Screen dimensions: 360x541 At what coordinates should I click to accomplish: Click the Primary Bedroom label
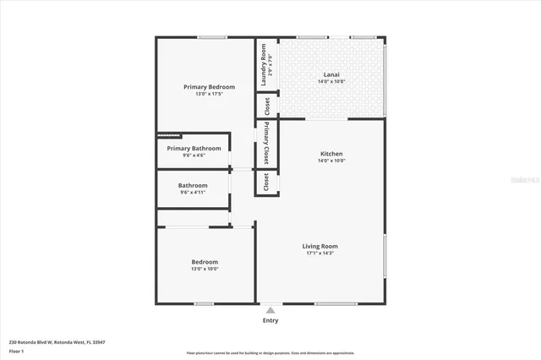(209, 87)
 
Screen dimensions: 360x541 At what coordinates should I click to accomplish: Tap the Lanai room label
(331, 74)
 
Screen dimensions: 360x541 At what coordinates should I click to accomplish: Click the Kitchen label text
(331, 154)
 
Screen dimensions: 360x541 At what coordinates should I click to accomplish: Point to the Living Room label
(320, 246)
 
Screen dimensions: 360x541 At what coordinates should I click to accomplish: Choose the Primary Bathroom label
(193, 148)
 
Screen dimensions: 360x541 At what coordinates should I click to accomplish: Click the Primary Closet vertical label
(266, 144)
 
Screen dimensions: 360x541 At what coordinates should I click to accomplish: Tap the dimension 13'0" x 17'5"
(209, 94)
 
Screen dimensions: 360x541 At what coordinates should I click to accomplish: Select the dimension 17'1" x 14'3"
(320, 254)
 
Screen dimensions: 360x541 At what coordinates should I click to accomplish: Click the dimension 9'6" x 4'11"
(193, 193)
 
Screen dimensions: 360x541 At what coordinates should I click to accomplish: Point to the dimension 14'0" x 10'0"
(331, 161)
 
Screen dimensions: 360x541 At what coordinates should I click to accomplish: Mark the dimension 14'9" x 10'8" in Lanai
(331, 81)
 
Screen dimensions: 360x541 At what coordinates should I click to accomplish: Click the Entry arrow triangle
(270, 311)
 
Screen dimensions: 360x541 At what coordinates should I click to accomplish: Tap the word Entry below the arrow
(270, 320)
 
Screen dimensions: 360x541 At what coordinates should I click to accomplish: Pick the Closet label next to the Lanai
(267, 106)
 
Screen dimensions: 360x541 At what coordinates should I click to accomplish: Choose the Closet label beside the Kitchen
(266, 183)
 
